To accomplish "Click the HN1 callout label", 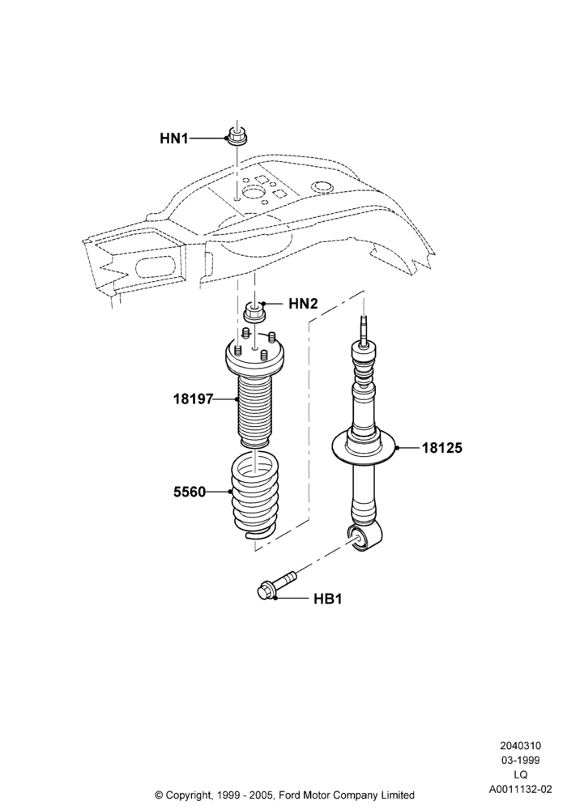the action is coord(174,139).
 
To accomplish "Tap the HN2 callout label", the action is coord(303,304).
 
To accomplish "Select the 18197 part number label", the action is coord(193,399).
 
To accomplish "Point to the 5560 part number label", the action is coord(190,492).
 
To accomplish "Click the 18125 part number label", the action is coord(442,448).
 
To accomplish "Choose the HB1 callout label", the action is coord(328,599).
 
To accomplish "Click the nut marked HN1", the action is coord(237,137).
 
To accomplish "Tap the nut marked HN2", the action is coord(254,313).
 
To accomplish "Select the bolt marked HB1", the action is coord(276,586).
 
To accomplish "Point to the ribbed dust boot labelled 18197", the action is coord(254,413).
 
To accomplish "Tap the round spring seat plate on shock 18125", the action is coord(364,447).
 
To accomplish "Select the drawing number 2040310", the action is coord(520,746).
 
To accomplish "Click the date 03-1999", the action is coord(521,761).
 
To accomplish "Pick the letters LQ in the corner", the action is coord(521,775).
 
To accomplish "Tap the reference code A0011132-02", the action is coord(521,789).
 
